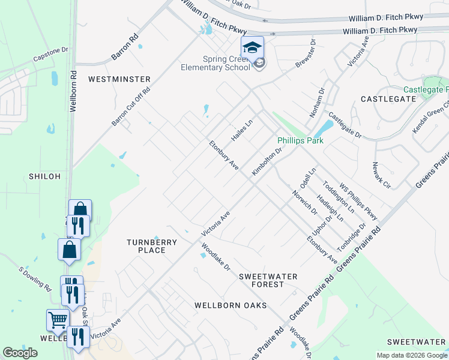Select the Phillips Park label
pos(300,141)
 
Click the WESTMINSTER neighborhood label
pos(119,79)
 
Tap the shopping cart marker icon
pos(58,320)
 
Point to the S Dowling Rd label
pos(35,279)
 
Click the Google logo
pos(20,353)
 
